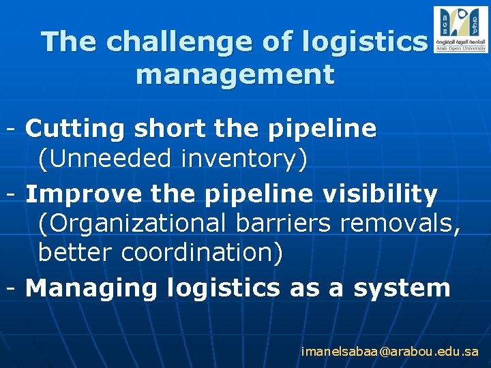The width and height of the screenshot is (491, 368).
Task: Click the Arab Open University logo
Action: point(460,29)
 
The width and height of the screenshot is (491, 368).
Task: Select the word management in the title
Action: point(235,74)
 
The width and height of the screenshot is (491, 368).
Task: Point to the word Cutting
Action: point(75,128)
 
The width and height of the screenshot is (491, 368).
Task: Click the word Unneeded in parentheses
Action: point(106,159)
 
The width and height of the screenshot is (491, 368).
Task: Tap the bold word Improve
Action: point(83,195)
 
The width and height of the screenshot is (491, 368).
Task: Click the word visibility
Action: point(389,195)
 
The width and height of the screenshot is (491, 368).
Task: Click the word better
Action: point(76,252)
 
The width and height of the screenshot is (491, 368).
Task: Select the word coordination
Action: point(202,253)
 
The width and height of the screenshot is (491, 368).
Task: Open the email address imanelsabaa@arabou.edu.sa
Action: point(390,352)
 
